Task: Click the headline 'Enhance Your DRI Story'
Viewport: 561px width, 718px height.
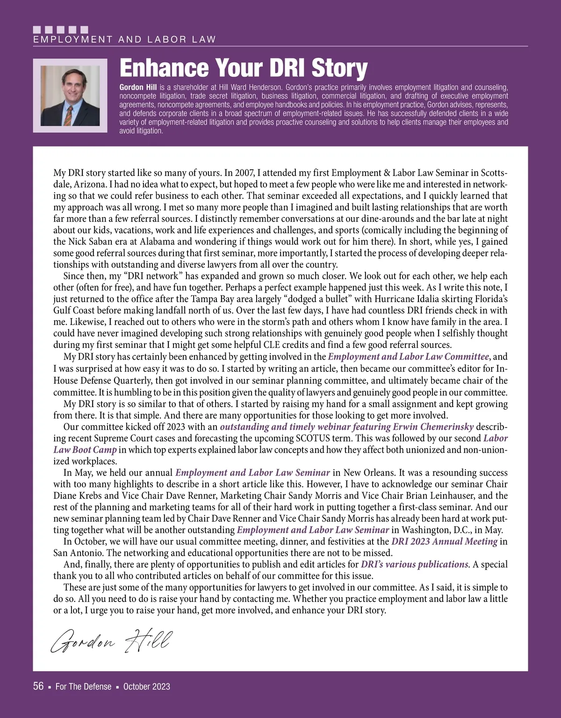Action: coord(243,68)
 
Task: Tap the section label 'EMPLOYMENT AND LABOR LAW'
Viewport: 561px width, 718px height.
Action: coord(124,40)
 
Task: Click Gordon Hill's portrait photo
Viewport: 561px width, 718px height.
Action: coord(70,95)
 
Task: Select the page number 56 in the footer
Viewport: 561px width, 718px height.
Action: coord(38,686)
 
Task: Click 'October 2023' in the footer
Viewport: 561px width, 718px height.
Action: coord(147,687)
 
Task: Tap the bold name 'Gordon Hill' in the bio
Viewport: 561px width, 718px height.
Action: coord(138,87)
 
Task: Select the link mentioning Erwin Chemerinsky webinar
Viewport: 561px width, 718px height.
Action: coord(346,427)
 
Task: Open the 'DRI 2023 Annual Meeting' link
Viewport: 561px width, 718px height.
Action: coord(444,542)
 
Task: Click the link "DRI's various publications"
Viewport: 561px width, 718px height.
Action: coord(415,565)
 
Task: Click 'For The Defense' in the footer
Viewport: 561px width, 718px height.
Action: coord(83,687)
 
